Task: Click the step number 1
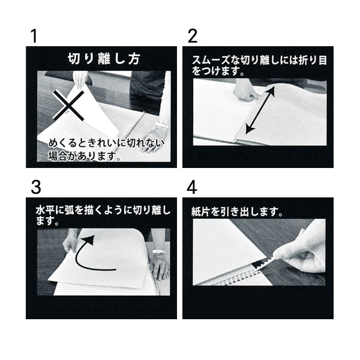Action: pyautogui.click(x=34, y=36)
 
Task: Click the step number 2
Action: pyautogui.click(x=193, y=36)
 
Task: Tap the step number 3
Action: pyautogui.click(x=36, y=187)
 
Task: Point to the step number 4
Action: pyautogui.click(x=192, y=187)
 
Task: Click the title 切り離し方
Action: pyautogui.click(x=104, y=59)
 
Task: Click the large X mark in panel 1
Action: pyautogui.click(x=68, y=106)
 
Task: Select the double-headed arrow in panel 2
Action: pyautogui.click(x=260, y=110)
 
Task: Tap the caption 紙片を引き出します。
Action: pyautogui.click(x=237, y=212)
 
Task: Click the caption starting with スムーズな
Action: pyautogui.click(x=259, y=65)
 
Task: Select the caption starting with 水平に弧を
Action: pyautogui.click(x=103, y=215)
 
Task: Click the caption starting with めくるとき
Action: pyautogui.click(x=106, y=149)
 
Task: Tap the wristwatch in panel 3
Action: pyautogui.click(x=158, y=252)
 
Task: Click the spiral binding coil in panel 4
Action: pyautogui.click(x=236, y=278)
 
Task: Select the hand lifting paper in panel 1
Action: pyautogui.click(x=80, y=79)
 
